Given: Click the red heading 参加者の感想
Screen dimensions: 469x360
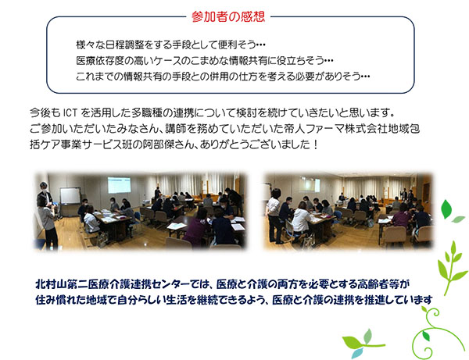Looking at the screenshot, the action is [x=228, y=17].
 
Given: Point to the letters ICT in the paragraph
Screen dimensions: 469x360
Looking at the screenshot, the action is [x=70, y=113].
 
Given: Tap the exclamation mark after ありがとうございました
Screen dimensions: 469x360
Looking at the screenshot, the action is [x=315, y=145].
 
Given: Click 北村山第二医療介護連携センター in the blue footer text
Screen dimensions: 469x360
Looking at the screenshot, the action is [x=113, y=283].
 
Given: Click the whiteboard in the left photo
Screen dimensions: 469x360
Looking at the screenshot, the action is [x=70, y=196].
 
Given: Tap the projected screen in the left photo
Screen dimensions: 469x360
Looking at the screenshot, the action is [x=119, y=185].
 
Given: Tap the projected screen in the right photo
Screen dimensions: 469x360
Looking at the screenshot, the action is [x=309, y=185].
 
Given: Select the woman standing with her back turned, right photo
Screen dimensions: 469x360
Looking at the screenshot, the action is [x=274, y=215].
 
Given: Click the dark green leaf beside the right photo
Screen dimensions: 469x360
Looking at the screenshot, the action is [x=446, y=209].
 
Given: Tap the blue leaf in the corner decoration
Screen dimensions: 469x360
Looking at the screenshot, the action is [x=357, y=353].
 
